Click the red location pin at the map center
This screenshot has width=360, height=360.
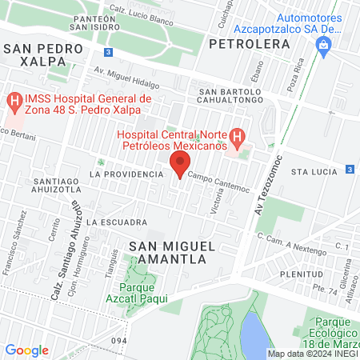179,164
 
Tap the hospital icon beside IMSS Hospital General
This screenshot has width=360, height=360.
14,102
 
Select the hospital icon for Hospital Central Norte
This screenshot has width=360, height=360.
237,137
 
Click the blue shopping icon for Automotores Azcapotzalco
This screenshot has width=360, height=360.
322,45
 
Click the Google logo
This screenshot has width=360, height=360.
26,350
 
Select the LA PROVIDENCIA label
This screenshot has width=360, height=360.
120,173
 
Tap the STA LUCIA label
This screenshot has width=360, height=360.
310,171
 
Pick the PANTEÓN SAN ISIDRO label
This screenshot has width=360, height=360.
99,22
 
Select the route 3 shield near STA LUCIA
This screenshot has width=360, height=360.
350,170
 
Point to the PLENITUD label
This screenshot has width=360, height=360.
302,273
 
